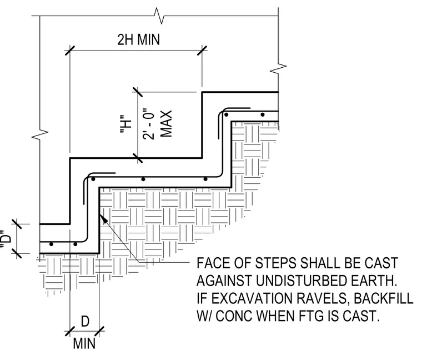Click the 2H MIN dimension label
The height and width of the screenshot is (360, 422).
(x=139, y=39)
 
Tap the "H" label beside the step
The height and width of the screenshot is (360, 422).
(x=125, y=124)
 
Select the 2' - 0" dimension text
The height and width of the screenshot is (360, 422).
(x=149, y=124)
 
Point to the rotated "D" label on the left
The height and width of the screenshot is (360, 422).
(x=6, y=237)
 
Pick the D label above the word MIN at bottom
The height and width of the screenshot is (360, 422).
(x=85, y=322)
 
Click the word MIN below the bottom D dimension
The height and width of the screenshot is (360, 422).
(x=84, y=343)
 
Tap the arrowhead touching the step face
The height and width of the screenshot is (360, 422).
(x=104, y=219)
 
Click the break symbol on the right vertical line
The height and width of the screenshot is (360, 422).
(x=278, y=68)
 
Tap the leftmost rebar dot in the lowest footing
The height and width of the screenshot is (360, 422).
(x=52, y=244)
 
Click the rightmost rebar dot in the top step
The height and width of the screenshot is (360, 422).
(x=263, y=114)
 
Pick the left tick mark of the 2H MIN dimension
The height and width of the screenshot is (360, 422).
(x=70, y=51)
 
